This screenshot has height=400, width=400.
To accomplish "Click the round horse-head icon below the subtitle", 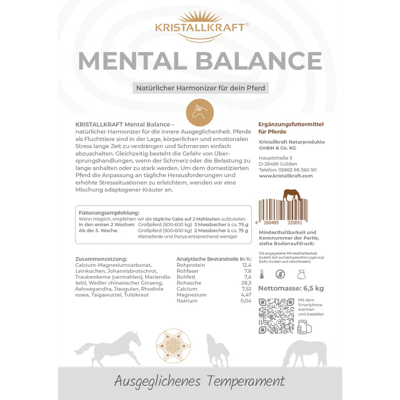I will pos(199,109).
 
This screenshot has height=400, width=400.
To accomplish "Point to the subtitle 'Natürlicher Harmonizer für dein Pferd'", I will pos(200,89).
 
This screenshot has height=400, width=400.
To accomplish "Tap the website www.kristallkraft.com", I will pos(286,176).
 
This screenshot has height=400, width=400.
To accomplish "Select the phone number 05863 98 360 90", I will pos(295,170).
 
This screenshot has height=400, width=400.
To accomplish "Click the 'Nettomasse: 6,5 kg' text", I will pos(291,288).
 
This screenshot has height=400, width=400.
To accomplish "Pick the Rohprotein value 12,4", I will pos(246,265).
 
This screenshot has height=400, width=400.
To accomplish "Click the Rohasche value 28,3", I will pos(246,283).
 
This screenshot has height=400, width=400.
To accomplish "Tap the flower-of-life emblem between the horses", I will pos(173,345).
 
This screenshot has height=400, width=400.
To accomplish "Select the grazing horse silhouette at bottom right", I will pos(305,351).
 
